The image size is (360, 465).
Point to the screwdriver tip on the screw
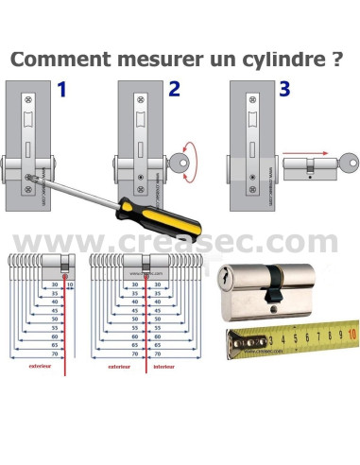pyautogui.click(x=39, y=173)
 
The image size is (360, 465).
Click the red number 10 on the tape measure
pyautogui.click(x=351, y=334)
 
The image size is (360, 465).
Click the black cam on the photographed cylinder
pyautogui.click(x=271, y=281)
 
